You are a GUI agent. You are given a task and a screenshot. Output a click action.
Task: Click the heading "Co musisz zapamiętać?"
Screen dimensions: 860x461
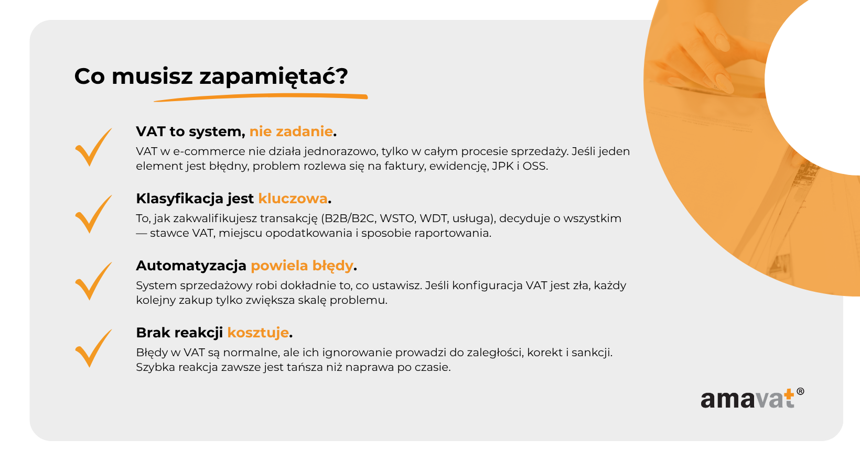point(211,76)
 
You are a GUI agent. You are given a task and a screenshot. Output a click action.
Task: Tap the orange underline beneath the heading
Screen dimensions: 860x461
point(261,97)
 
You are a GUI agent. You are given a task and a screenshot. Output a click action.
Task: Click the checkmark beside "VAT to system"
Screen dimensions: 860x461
point(93,147)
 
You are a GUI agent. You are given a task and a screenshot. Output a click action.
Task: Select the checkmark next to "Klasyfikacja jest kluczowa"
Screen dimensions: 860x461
point(93,214)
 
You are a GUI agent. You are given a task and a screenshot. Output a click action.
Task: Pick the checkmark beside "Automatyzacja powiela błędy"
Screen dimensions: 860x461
point(93,281)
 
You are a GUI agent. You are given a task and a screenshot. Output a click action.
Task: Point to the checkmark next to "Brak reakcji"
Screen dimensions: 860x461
point(93,348)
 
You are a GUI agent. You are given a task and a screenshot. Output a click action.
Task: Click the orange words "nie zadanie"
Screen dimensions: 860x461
point(291,131)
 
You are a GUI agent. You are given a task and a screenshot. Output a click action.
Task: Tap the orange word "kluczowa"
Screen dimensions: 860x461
point(293,199)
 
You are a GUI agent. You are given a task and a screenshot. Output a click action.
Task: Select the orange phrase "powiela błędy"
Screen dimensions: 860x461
point(302,266)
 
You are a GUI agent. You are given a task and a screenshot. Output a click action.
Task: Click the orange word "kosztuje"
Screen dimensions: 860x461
point(258,333)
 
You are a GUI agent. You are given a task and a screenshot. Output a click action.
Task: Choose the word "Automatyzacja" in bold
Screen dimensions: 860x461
point(191,266)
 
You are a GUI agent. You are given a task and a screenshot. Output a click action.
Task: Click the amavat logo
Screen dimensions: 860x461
point(752,399)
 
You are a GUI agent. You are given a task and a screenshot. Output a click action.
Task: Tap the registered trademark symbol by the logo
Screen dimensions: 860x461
point(800,391)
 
